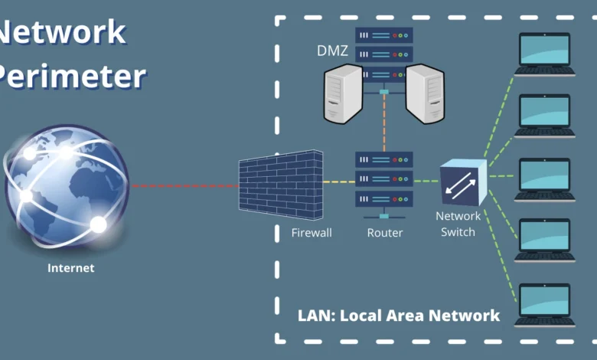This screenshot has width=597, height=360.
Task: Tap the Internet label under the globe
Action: (70, 268)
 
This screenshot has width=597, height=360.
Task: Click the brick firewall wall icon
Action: (280, 185)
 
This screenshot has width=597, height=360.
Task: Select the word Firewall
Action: (312, 233)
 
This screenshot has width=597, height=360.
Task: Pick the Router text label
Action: (384, 233)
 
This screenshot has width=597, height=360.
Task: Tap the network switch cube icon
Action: (462, 182)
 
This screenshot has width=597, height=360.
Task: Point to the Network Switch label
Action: (457, 224)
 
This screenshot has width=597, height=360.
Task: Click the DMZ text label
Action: (332, 51)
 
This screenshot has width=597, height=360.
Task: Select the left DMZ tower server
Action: (342, 93)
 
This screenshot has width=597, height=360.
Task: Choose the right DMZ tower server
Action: (425, 93)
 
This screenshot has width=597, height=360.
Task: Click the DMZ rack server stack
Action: (384, 55)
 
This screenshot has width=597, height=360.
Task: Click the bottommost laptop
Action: (544, 305)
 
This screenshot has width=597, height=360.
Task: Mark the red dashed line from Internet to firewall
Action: (184, 185)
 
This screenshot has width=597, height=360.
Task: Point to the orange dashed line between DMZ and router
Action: (384, 123)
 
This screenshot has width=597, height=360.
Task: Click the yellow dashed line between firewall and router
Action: (339, 182)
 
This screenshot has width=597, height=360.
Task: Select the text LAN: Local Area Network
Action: (398, 315)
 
